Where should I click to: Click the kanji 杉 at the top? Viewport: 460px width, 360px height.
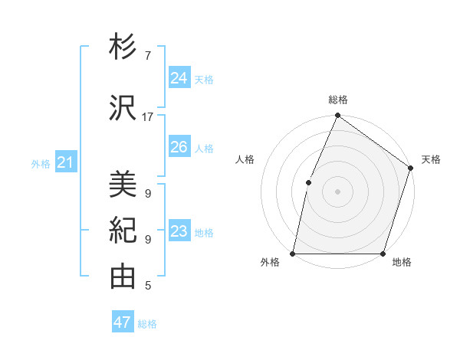click(123, 47)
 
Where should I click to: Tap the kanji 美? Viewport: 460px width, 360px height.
click(123, 185)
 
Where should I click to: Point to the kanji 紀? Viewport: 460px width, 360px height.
click(123, 231)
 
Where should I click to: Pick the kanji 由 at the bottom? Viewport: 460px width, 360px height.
click(123, 277)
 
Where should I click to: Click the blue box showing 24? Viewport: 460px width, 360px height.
click(179, 77)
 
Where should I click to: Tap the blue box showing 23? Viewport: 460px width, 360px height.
click(179, 231)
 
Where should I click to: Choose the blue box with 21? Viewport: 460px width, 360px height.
click(65, 162)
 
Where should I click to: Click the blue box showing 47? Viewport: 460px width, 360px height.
click(123, 322)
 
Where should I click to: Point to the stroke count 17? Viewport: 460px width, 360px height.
click(148, 117)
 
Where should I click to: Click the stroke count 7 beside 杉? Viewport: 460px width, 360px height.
click(148, 56)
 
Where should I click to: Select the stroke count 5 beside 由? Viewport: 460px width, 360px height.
click(148, 286)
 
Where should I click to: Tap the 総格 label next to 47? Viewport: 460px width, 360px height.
click(148, 324)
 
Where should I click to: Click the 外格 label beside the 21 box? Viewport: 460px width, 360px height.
click(41, 163)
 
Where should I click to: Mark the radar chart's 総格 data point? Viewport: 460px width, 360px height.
click(337, 116)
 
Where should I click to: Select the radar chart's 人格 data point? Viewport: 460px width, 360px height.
click(308, 182)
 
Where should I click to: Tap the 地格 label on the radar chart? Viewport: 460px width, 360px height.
click(402, 263)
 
